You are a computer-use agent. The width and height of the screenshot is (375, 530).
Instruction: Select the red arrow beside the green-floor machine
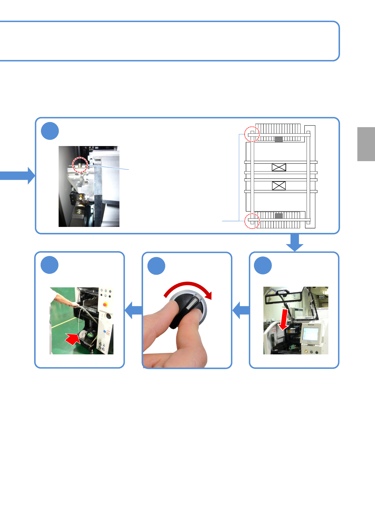tap(73, 339)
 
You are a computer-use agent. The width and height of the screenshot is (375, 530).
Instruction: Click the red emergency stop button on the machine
tap(105, 304)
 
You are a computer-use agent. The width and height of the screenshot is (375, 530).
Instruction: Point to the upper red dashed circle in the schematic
tap(252, 134)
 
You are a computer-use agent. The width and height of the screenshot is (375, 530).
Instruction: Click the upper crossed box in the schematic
tap(279, 167)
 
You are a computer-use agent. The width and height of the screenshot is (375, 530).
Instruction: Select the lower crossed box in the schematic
tap(279, 186)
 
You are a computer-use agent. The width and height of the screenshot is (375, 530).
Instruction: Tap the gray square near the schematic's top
tap(279, 139)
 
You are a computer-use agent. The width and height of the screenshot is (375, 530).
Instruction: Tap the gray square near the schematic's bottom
tap(279, 216)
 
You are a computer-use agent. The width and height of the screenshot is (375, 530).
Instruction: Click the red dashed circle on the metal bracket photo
tap(80, 165)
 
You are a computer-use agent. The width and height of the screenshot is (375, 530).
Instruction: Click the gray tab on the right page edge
tap(366, 144)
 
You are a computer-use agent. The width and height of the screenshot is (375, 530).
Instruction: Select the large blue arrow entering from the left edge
tap(17, 175)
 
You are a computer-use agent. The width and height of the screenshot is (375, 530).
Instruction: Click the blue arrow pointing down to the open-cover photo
tap(295, 243)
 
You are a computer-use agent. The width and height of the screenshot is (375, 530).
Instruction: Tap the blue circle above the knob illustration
tap(156, 266)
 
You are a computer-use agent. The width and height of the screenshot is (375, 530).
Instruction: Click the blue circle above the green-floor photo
tap(49, 265)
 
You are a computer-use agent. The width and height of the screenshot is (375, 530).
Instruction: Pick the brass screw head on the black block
tap(82, 197)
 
